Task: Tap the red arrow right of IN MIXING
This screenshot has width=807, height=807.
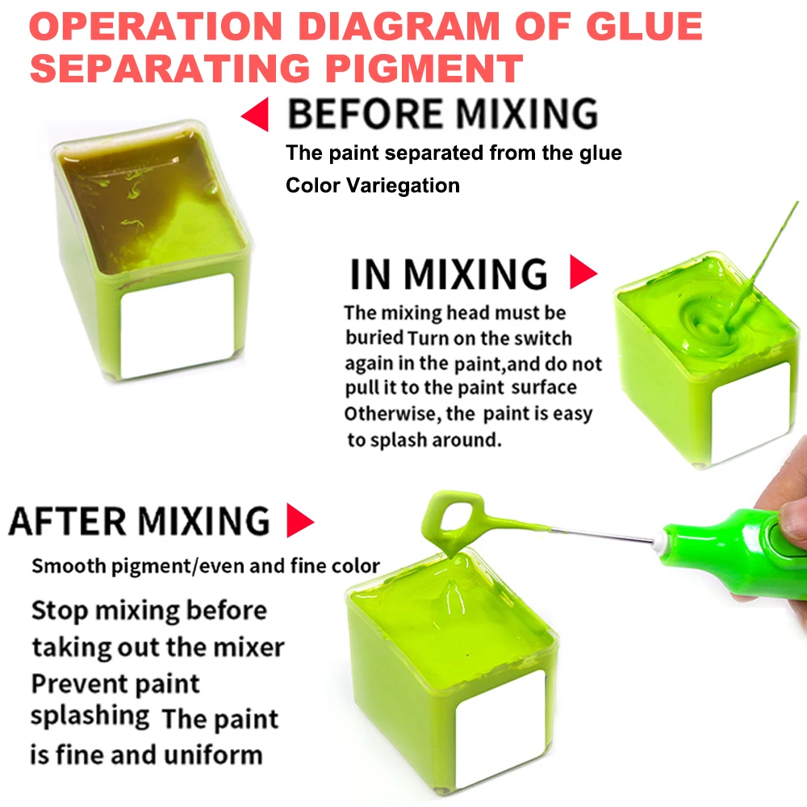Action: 582,272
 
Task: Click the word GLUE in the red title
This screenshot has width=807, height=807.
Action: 644,26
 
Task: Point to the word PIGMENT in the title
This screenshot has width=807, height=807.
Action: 424,68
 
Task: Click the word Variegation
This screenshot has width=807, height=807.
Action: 403,186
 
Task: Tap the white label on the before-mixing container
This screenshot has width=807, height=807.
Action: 177,325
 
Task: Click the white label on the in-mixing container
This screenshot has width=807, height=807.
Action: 751,412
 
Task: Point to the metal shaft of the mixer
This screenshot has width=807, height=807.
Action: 602,534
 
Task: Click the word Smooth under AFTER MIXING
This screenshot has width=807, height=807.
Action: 69,566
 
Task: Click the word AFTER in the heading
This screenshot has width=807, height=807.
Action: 68,521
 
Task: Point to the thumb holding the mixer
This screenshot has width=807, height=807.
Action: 792,519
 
